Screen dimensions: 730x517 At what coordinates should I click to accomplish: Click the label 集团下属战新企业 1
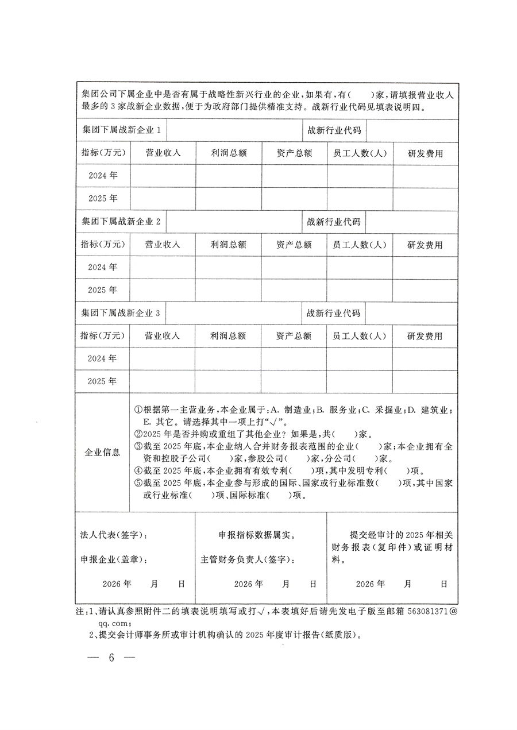121,130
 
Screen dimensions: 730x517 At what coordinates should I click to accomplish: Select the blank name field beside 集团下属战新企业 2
234,222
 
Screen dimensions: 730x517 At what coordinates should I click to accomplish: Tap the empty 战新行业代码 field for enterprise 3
411,313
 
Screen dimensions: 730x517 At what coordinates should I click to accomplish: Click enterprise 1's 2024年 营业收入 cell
163,176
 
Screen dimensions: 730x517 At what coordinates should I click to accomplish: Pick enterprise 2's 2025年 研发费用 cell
425,290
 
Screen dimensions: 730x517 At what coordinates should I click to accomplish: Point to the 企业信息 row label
102,453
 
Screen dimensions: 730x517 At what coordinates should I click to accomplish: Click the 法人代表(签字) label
114,534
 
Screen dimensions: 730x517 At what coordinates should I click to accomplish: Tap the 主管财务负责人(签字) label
248,559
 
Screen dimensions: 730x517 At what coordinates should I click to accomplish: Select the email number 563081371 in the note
427,613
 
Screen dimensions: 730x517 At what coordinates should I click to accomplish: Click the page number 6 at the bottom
112,658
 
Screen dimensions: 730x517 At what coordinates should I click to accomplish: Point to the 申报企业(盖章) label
114,559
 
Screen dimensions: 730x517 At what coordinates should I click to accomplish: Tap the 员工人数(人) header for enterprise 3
359,336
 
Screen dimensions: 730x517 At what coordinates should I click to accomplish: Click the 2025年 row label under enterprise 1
103,199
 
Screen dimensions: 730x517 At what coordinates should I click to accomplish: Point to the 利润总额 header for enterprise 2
228,245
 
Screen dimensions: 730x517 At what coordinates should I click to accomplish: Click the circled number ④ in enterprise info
138,471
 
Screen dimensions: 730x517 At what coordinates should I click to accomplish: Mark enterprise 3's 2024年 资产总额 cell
294,358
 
